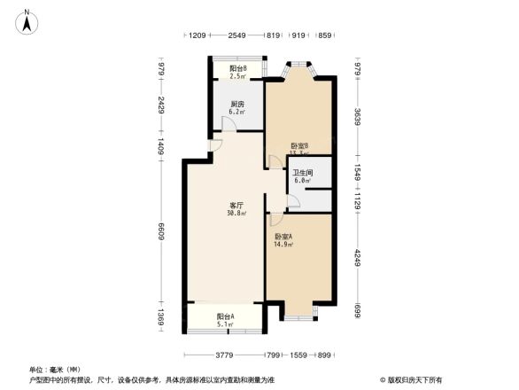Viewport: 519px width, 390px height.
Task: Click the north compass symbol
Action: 28,19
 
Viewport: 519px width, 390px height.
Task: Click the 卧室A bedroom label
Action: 283,236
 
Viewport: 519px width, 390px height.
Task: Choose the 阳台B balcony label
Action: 237,68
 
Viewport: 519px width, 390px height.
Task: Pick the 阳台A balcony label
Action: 225,316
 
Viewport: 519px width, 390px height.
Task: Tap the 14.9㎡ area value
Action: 283,244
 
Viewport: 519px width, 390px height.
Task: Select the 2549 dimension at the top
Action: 236,35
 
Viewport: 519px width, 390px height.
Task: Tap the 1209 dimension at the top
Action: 197,35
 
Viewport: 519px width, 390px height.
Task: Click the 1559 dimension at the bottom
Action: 298,355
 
